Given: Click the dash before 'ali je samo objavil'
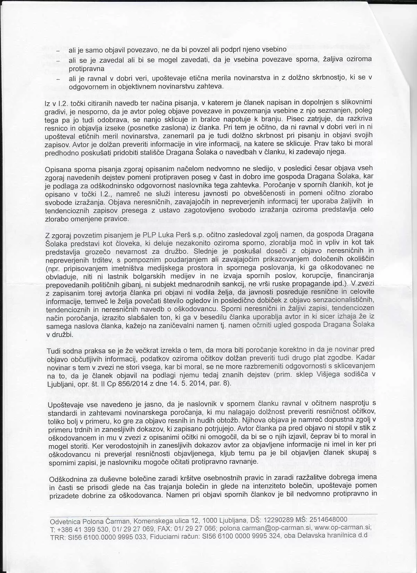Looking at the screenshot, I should click(58, 51).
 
